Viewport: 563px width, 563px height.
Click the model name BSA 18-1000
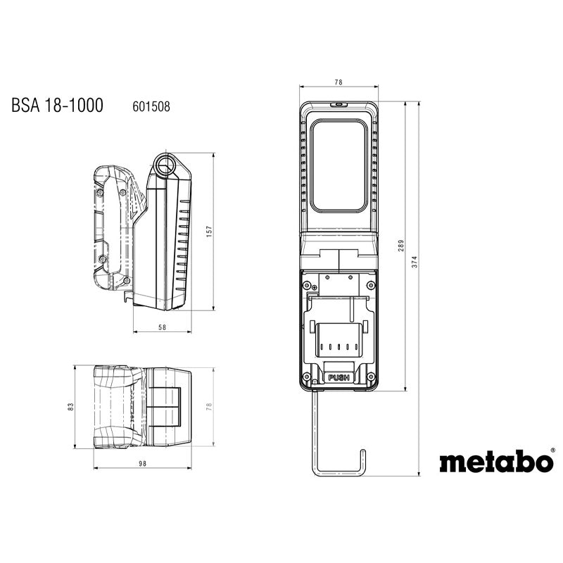[57, 106]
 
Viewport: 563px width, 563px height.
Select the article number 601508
[151, 107]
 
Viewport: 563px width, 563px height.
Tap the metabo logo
[495, 462]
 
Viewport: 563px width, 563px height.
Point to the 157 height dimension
[209, 231]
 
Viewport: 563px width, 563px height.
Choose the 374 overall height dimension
[415, 261]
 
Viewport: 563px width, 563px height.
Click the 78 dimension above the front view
[338, 83]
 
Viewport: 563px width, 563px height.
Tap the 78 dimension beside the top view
[209, 408]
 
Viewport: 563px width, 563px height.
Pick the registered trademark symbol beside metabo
[553, 452]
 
